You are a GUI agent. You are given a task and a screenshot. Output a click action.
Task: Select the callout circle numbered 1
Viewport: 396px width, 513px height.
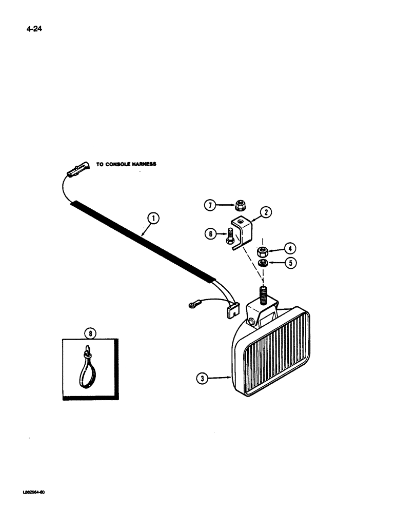(x=152, y=220)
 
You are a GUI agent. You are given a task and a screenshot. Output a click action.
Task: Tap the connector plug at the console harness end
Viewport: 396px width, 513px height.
(x=77, y=169)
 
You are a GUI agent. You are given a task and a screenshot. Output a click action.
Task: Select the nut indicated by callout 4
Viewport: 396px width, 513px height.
(x=263, y=251)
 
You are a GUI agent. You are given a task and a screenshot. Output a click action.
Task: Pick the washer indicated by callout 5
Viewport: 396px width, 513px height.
(x=263, y=263)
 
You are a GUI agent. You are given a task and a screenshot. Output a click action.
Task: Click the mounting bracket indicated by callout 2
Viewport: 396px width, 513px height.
(x=242, y=228)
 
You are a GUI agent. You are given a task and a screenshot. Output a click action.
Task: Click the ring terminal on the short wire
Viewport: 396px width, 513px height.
(x=192, y=307)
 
